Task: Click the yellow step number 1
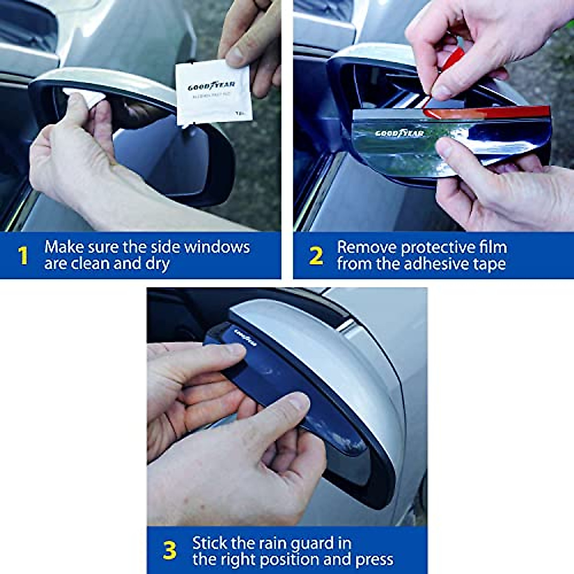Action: pos(22,255)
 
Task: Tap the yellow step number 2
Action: pos(316,256)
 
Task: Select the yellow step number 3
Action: pos(169,551)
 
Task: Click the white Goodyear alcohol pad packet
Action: pos(213,93)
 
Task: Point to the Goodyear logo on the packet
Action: pos(211,87)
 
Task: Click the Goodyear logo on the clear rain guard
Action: pos(399,133)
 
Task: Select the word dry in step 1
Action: pos(157,264)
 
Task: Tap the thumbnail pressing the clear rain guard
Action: pos(444,148)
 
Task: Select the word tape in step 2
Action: pos(488,264)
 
